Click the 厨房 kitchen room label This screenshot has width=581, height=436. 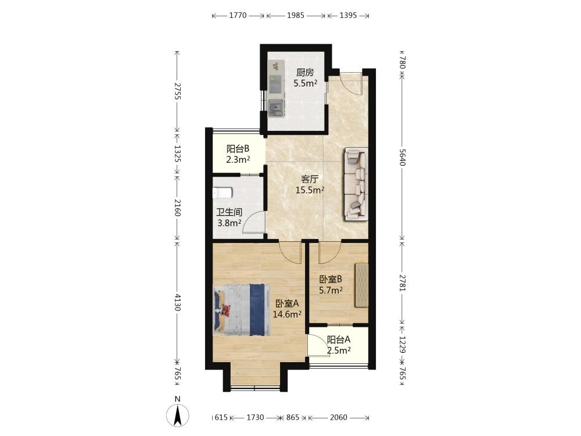click(x=305, y=72)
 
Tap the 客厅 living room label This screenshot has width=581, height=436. click(x=310, y=180)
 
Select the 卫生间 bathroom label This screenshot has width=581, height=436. click(x=229, y=212)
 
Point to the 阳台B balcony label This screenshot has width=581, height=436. click(x=238, y=149)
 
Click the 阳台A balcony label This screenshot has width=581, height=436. click(x=339, y=339)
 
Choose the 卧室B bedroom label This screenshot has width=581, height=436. click(x=331, y=279)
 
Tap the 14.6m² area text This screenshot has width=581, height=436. click(x=287, y=315)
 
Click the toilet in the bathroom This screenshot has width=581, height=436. click(x=223, y=193)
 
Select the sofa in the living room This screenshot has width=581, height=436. click(x=356, y=184)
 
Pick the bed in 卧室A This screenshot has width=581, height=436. click(x=242, y=310)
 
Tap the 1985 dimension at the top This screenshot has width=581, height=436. click(x=296, y=15)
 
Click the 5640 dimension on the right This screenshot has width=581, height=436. click(x=403, y=158)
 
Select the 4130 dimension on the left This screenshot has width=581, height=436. click(x=177, y=302)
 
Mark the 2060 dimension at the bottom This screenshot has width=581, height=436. click(x=339, y=418)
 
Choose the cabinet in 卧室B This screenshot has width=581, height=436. click(x=361, y=285)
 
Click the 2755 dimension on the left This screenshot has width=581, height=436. click(x=177, y=91)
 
